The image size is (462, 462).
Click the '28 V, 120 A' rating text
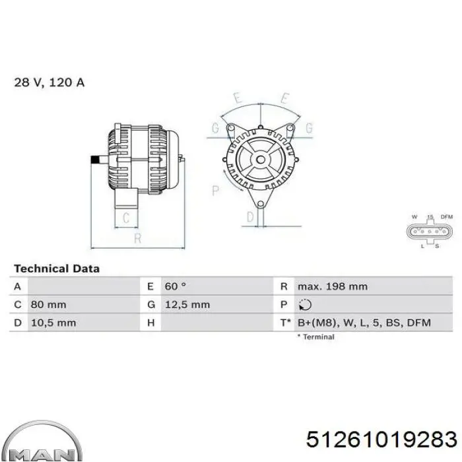tap(49, 83)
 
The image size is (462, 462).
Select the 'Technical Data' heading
tap(57, 269)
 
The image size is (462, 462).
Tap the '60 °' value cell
tap(175, 286)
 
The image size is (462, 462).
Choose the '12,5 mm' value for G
tap(187, 305)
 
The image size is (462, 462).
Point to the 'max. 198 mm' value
tap(332, 286)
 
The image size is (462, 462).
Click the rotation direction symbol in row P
tap(304, 305)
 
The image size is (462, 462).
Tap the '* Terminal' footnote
tap(315, 337)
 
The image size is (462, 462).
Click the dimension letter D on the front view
tap(250, 217)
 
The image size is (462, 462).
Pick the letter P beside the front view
tap(215, 191)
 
